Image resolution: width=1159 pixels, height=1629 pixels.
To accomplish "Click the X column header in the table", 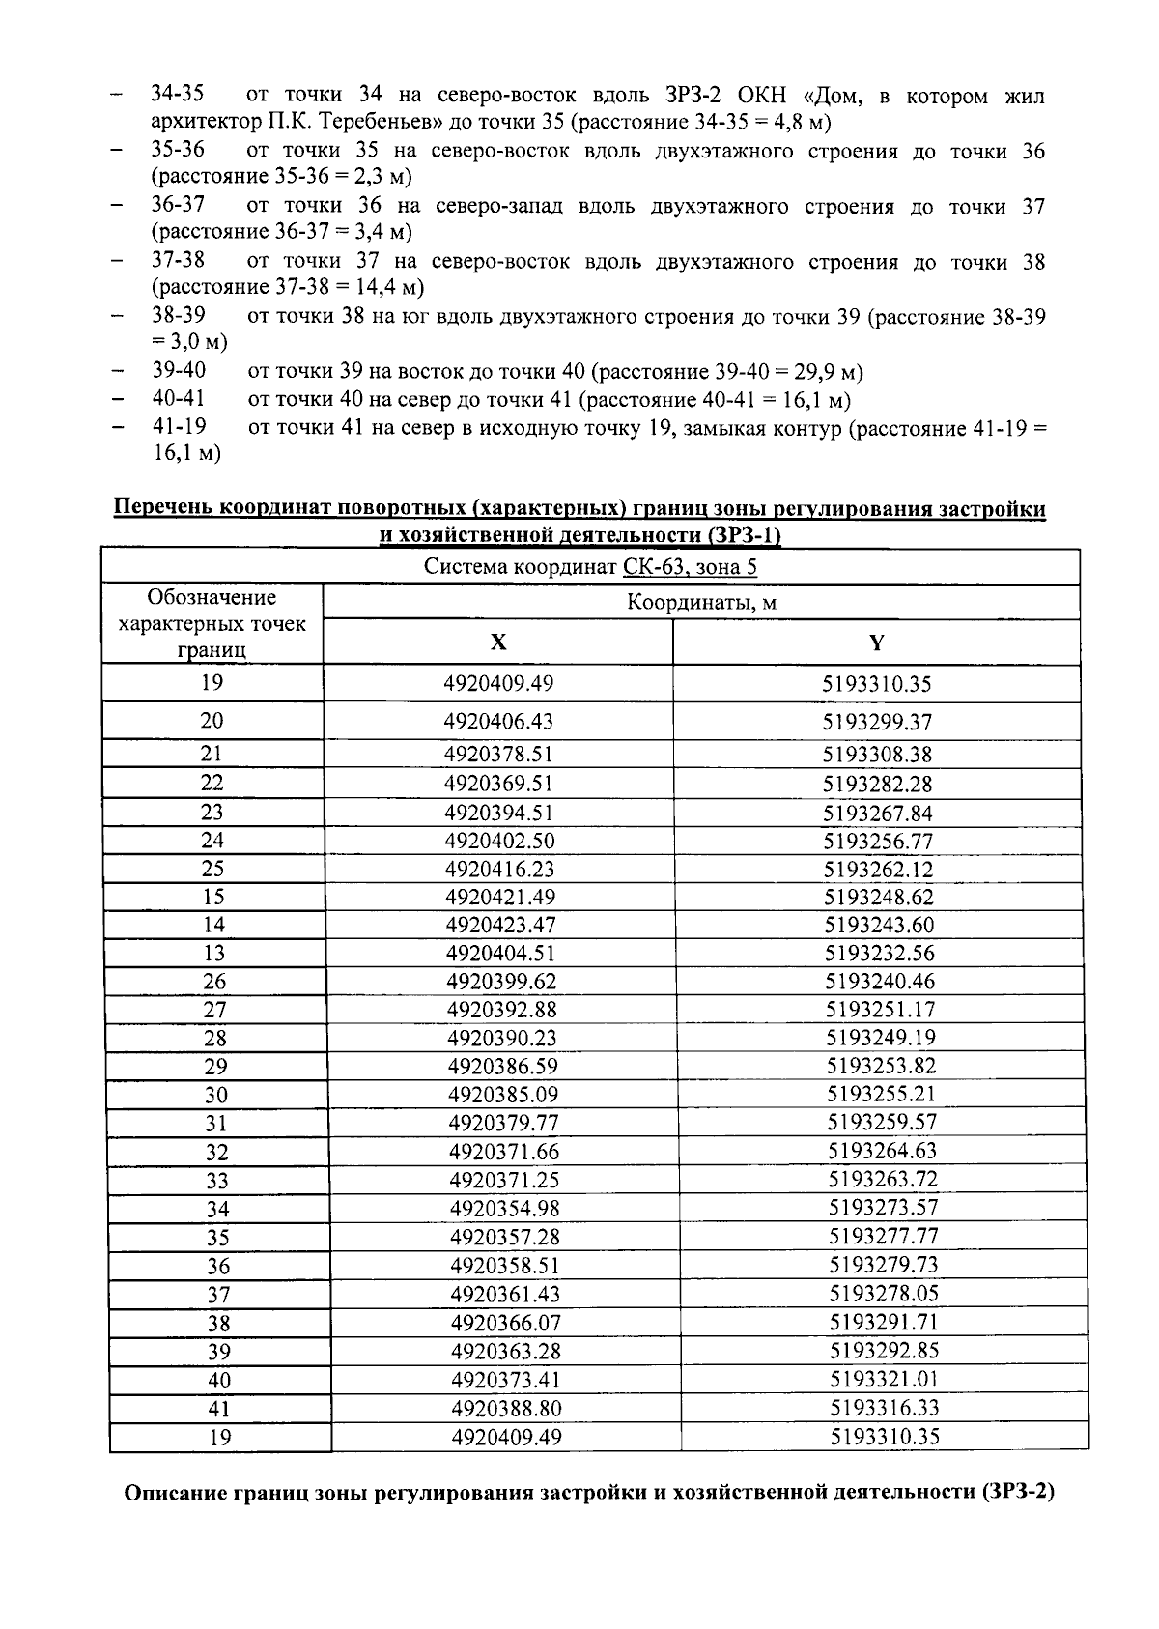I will [x=497, y=642].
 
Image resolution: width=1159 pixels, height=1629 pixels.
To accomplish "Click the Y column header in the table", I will [x=876, y=643].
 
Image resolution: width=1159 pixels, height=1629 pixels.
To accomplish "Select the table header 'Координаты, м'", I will [x=701, y=603].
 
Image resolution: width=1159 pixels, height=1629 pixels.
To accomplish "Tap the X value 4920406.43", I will [x=498, y=722].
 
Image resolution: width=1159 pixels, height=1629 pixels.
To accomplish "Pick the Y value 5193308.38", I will [x=877, y=754].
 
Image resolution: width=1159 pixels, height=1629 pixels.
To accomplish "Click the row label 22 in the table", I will [x=212, y=783].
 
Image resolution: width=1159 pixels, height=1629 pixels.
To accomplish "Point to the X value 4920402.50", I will [x=499, y=841].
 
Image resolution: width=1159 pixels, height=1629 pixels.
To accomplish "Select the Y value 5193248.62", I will [x=879, y=897].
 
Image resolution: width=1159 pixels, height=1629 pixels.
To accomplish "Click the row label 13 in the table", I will [x=213, y=953].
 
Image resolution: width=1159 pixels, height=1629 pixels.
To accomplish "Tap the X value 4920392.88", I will [x=501, y=1010].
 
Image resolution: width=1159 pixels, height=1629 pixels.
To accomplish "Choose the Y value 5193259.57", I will [x=882, y=1122].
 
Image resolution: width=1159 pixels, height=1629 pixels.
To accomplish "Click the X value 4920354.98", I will [x=504, y=1208].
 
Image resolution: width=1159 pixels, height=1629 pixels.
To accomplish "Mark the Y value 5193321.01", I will [x=885, y=1379].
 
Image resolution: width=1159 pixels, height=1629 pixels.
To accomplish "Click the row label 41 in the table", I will [x=219, y=1409].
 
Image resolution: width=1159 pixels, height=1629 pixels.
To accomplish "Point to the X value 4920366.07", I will [x=505, y=1322].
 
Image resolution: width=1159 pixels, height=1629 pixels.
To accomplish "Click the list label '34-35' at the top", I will [x=178, y=95].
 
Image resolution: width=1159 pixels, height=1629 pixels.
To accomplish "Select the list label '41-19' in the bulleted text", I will [x=179, y=426].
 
